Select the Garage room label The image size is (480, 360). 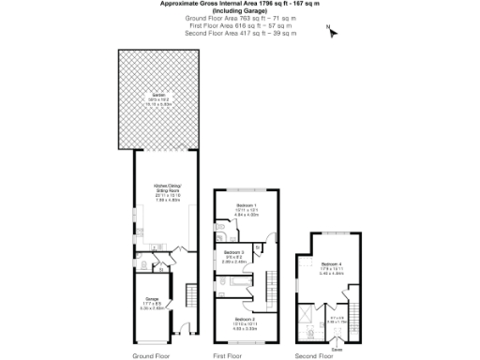coord(151,302)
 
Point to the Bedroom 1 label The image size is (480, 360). coord(246,207)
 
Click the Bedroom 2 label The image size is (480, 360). coord(246,322)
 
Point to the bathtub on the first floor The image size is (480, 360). coord(242,292)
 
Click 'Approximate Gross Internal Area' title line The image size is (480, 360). coord(239,5)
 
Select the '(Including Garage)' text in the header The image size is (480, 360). coord(239,11)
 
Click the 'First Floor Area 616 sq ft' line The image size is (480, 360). coord(239,25)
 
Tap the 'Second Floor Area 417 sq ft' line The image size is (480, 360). coord(239,33)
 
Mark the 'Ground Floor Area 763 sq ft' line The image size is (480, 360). coord(239,18)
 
